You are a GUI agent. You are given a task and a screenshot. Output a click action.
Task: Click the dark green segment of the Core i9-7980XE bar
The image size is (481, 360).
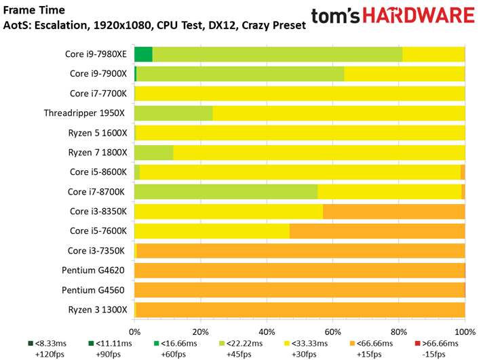pyautogui.click(x=144, y=54)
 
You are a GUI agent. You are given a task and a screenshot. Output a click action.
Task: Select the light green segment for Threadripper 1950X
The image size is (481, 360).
pyautogui.click(x=174, y=113)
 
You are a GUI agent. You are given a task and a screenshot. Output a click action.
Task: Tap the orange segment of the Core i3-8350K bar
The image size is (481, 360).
pyautogui.click(x=394, y=212)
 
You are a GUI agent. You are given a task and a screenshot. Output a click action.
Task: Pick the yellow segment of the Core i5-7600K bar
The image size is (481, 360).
pyautogui.click(x=212, y=231)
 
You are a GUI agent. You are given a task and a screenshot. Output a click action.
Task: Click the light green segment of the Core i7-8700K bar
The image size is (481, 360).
pyautogui.click(x=226, y=192)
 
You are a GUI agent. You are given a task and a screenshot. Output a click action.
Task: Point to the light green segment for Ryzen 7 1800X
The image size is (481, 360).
pyautogui.click(x=154, y=153)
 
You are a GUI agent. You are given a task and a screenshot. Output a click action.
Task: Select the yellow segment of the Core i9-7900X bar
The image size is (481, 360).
pyautogui.click(x=404, y=74)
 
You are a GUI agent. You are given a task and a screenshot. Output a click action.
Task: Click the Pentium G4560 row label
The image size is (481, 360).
pyautogui.click(x=93, y=290)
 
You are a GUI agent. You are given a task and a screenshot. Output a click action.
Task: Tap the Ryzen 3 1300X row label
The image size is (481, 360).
pyautogui.click(x=98, y=310)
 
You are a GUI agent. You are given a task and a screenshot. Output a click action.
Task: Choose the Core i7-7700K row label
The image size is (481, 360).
pyautogui.click(x=98, y=94)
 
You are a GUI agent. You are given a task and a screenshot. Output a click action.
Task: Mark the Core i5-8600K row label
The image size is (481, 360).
pyautogui.click(x=98, y=172)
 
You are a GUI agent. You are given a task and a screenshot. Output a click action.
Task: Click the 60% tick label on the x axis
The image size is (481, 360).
pyautogui.click(x=333, y=332)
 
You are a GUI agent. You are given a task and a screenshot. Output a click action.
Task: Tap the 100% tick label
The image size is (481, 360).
pyautogui.click(x=465, y=332)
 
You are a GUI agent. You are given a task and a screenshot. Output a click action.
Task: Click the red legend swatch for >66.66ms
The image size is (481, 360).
pyautogui.click(x=417, y=344)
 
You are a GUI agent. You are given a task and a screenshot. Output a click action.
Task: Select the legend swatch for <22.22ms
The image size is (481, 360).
pyautogui.click(x=222, y=344)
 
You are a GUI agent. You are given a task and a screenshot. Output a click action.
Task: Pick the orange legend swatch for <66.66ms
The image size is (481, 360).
pyautogui.click(x=352, y=344)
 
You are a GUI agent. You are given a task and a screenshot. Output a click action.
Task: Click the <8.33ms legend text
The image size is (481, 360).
pyautogui.click(x=51, y=344)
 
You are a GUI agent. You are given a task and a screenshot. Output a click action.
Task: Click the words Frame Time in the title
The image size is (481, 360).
pyautogui.click(x=34, y=10)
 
